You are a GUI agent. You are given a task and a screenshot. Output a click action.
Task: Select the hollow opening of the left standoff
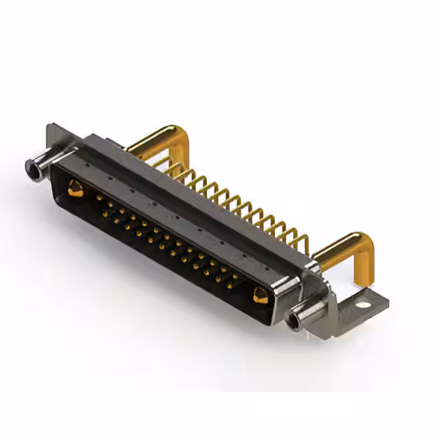pyautogui.click(x=31, y=166)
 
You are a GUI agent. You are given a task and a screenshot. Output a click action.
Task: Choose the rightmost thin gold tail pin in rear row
pyautogui.click(x=302, y=240)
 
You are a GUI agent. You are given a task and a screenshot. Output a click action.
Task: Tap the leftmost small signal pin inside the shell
pyautogui.click(x=100, y=199)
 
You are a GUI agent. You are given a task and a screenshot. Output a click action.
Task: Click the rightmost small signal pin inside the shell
pyautogui.click(x=237, y=278)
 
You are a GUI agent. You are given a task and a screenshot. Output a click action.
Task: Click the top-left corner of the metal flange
pyautogui.click(x=49, y=125)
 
